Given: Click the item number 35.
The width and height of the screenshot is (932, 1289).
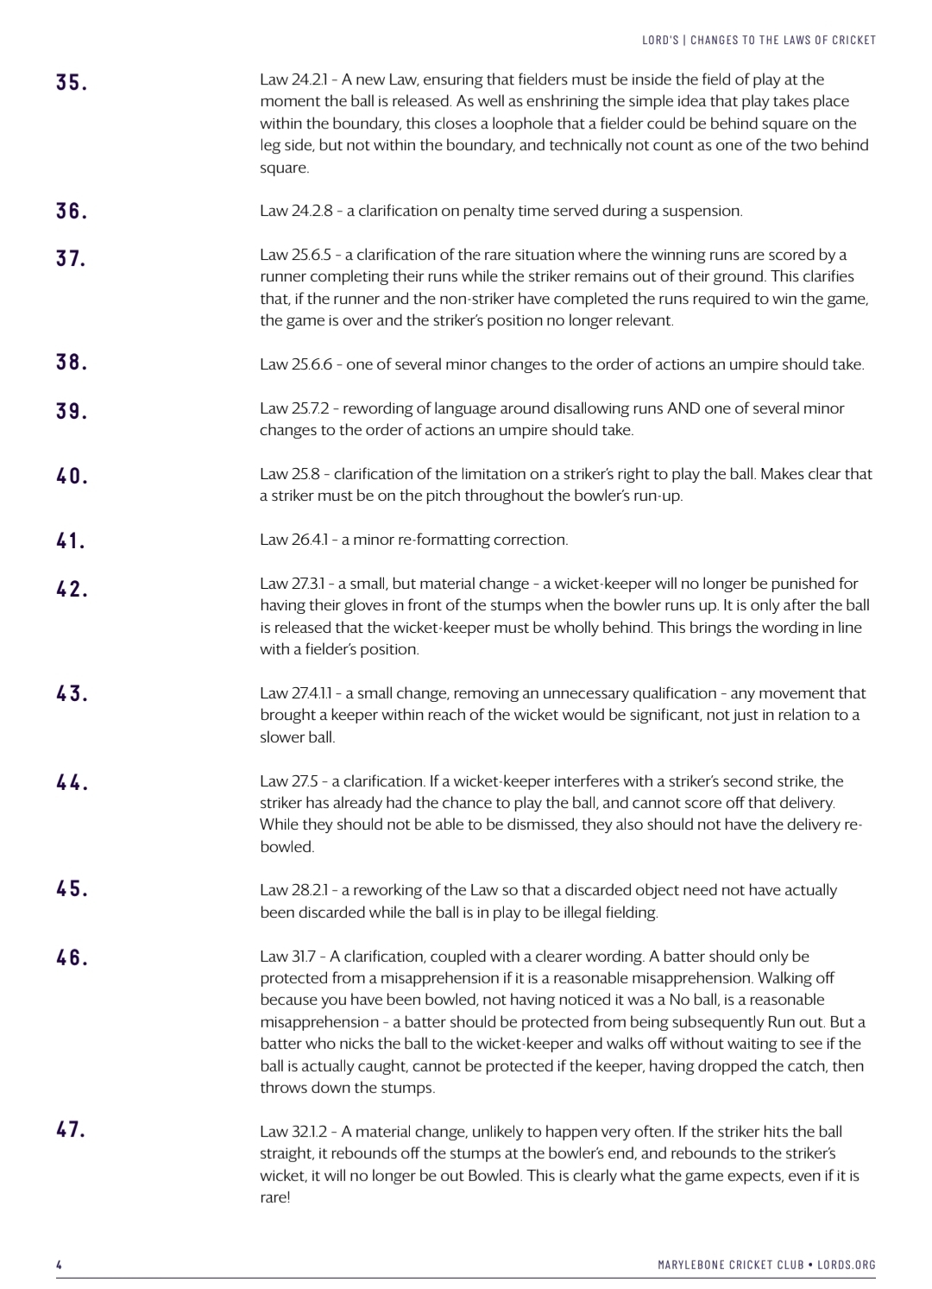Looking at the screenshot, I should click(x=72, y=83).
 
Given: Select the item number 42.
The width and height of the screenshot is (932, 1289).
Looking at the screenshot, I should click(x=72, y=590).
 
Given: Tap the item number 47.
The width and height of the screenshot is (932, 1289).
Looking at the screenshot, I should click(x=72, y=1129).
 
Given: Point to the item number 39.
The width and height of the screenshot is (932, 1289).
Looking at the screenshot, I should click(x=72, y=412).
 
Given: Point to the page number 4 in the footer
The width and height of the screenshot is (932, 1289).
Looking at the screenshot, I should click(x=59, y=1265).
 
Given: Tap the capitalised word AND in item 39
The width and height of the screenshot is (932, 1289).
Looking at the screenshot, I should click(x=683, y=408).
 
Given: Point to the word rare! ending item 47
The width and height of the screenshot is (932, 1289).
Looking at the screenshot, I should click(x=275, y=1197).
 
